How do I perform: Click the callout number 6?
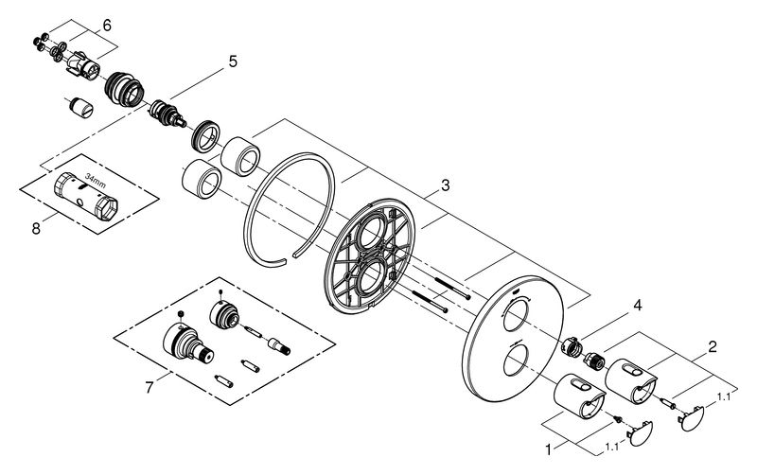[107, 26]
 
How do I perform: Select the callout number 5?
[233, 62]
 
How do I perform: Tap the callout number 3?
[445, 185]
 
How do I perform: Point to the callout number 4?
[638, 305]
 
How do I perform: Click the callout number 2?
[713, 346]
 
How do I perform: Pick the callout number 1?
[548, 449]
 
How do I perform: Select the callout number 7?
[150, 387]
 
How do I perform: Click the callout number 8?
[36, 228]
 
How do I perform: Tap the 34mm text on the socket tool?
[96, 180]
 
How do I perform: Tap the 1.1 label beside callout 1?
[611, 448]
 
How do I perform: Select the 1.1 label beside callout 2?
[724, 397]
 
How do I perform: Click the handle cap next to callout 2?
[692, 418]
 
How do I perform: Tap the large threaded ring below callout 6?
[125, 89]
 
